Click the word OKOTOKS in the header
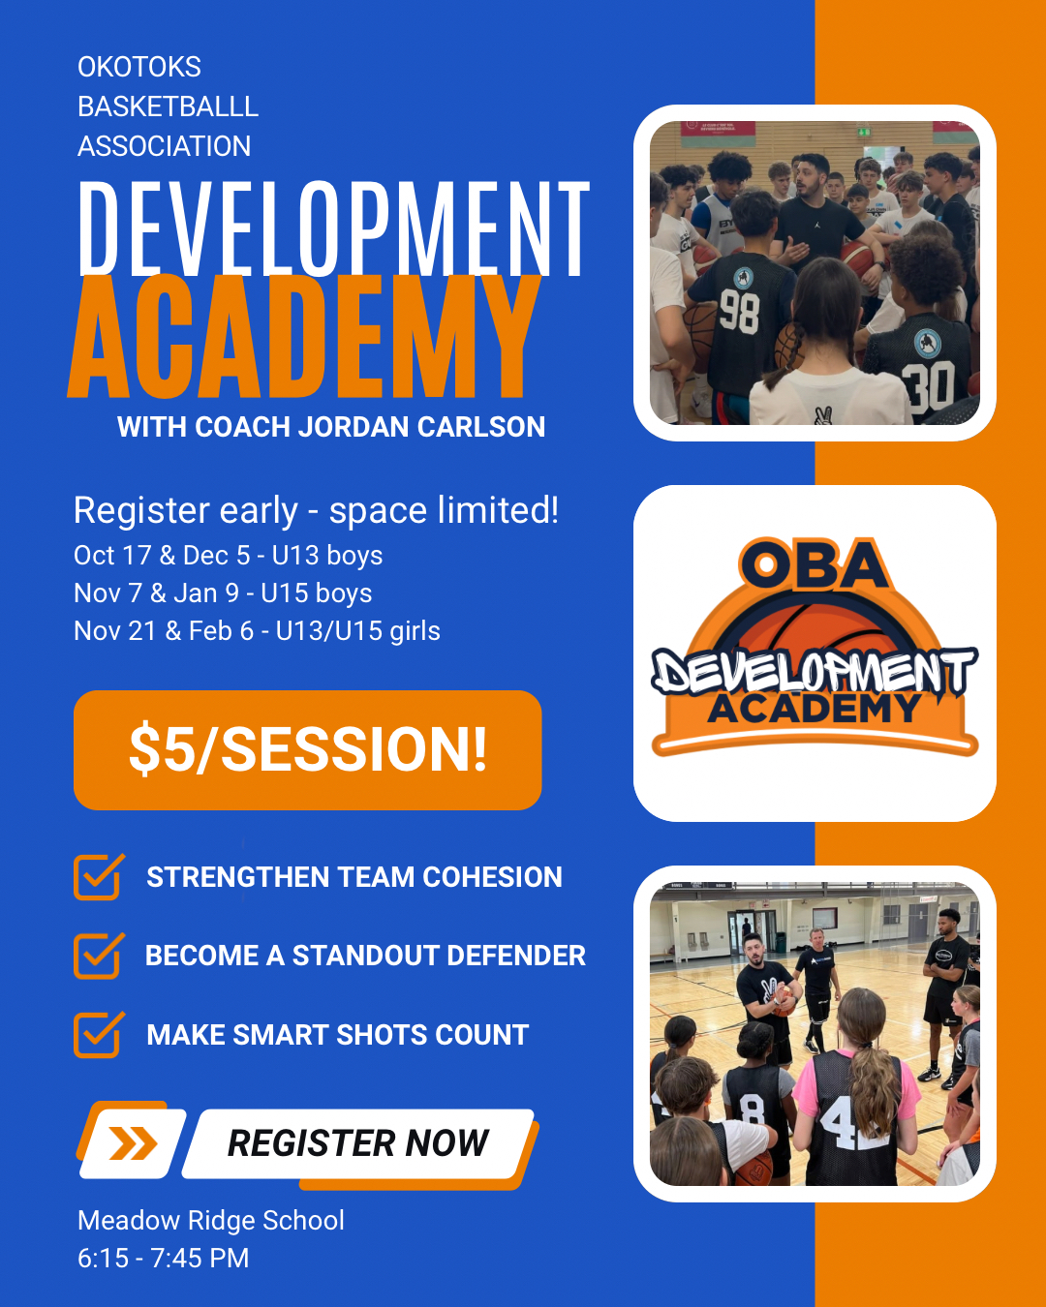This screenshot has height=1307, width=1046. [x=139, y=67]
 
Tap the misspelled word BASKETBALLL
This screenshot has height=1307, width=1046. [x=168, y=106]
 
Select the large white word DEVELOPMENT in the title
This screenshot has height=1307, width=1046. [x=334, y=228]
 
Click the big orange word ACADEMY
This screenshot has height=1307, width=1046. [x=304, y=336]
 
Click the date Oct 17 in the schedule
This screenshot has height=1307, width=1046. [x=112, y=555]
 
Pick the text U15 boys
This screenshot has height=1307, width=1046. [x=316, y=593]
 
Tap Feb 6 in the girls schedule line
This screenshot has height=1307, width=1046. [x=221, y=631]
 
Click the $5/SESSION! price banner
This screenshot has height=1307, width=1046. [x=308, y=750]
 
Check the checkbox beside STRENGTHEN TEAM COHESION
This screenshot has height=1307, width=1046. [x=99, y=876]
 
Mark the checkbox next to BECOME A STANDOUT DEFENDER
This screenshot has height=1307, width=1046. [x=99, y=956]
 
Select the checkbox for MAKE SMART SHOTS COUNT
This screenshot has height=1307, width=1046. [x=99, y=1034]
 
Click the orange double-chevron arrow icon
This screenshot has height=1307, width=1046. [x=133, y=1143]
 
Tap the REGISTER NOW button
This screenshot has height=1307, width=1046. [x=358, y=1143]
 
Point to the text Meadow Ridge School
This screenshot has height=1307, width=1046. [x=211, y=1220]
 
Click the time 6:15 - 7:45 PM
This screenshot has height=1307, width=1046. [x=164, y=1258]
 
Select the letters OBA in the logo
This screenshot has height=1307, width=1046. [x=815, y=564]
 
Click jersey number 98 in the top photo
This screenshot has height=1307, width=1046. [x=739, y=311]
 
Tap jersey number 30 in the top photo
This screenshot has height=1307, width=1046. [x=930, y=385]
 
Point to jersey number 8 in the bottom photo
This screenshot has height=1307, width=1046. [x=753, y=1109]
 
